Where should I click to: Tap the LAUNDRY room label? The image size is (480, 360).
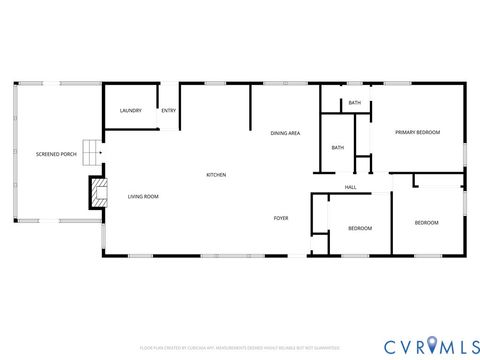pos(131,110)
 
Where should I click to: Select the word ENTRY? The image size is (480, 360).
pos(168,110)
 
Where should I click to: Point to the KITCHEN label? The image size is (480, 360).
pos(216,175)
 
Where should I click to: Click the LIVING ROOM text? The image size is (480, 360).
pos(143,196)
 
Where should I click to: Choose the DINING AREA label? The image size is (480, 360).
pos(285,133)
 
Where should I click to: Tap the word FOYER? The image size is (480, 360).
pos(282,217)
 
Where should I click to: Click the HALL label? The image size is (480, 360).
pos(351,187)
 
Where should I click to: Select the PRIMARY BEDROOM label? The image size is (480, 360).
pos(417,132)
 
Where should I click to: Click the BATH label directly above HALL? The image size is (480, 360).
pos(338,148)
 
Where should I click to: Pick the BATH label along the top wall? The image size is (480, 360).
pos(355,103)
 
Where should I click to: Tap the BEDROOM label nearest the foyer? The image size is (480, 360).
pos(360,228)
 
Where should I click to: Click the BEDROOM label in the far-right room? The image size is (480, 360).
pos(426,222)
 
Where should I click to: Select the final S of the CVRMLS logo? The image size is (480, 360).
pos(467,345)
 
